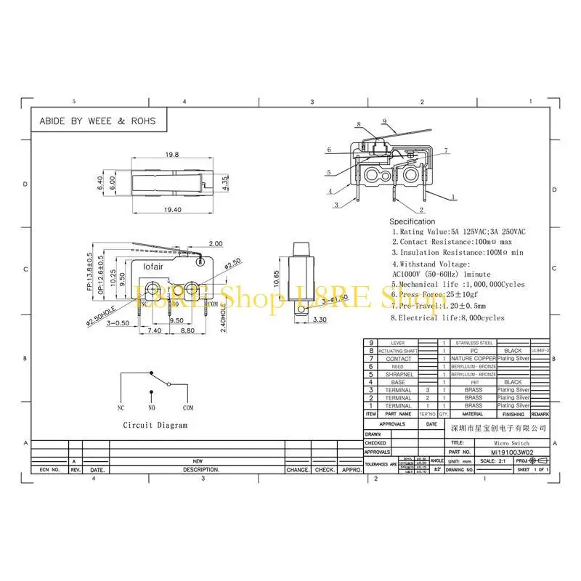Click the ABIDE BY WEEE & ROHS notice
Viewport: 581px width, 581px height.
(97, 121)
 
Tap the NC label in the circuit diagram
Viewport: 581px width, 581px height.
(121, 408)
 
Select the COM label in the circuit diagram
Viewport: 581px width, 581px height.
(188, 408)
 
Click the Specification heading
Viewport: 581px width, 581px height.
(413, 221)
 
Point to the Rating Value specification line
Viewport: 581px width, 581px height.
(459, 231)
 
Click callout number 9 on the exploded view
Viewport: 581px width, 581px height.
(383, 121)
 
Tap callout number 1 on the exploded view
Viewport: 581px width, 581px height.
(453, 197)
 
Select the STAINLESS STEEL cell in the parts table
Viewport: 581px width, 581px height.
(474, 342)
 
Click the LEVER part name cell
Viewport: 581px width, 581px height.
(398, 342)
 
